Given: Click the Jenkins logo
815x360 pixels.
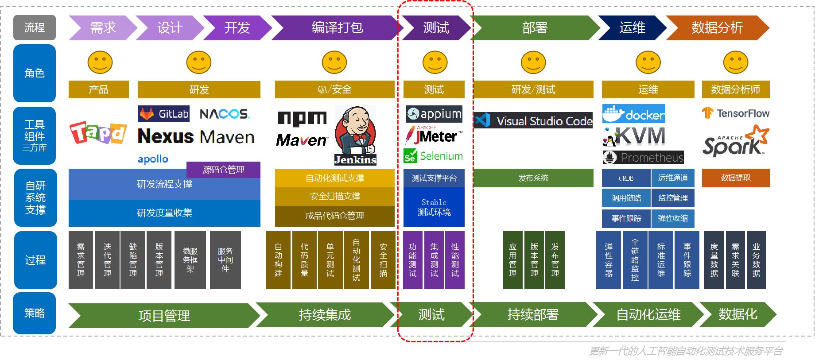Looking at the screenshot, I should coord(355,135).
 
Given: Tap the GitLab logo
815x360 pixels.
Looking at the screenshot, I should coord(163,114).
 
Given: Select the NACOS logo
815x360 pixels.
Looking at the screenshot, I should coord(225,114).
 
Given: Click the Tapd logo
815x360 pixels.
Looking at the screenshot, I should coord(98,132).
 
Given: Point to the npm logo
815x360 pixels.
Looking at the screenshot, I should coord(303,118).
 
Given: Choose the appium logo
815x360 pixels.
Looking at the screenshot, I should coord(434,114).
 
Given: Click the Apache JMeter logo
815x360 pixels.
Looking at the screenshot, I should coord(434,135).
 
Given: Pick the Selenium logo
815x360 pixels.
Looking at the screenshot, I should coord(433,156).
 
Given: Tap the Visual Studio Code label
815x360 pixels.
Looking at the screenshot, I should coord(533,121).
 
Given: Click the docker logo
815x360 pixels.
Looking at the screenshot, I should coord(633,114).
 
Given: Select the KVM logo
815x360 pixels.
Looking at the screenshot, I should coord(634,136).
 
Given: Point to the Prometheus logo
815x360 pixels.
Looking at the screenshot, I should coord(643,157).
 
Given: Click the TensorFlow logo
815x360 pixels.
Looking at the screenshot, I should coord(736,113).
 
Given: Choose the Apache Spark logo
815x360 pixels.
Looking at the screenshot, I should coord(736,141).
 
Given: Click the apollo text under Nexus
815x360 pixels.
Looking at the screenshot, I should coord(153,159).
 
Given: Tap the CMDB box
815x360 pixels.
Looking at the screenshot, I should coord(626,178).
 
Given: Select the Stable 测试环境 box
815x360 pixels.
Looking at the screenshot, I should coord(434,207).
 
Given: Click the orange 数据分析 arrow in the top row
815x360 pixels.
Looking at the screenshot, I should coord(717,28).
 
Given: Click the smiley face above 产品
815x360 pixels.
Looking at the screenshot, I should coord(100,62).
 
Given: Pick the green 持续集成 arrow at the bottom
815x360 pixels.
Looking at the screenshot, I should coord(325,315).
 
